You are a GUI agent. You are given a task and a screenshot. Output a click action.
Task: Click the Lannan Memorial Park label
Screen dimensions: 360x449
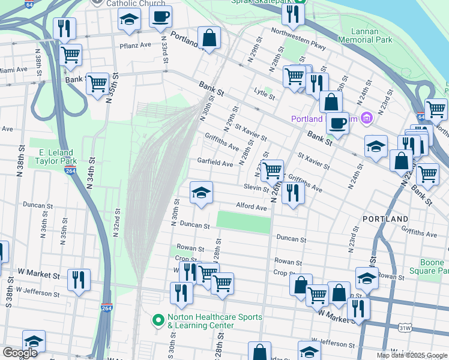click(364, 34)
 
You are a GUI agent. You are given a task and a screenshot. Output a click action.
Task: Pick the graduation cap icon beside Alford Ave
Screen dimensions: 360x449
click(201, 193)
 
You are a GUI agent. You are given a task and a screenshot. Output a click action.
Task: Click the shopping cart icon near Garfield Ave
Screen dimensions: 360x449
click(273, 170)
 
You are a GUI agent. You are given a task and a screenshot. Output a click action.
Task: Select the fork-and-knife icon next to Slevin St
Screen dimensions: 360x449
click(292, 193)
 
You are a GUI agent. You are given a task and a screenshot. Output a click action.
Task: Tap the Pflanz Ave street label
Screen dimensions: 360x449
click(133, 45)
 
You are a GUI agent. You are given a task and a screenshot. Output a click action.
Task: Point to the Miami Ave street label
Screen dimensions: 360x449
click(13, 70)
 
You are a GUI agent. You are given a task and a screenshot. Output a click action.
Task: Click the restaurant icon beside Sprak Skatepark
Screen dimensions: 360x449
click(293, 14)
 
